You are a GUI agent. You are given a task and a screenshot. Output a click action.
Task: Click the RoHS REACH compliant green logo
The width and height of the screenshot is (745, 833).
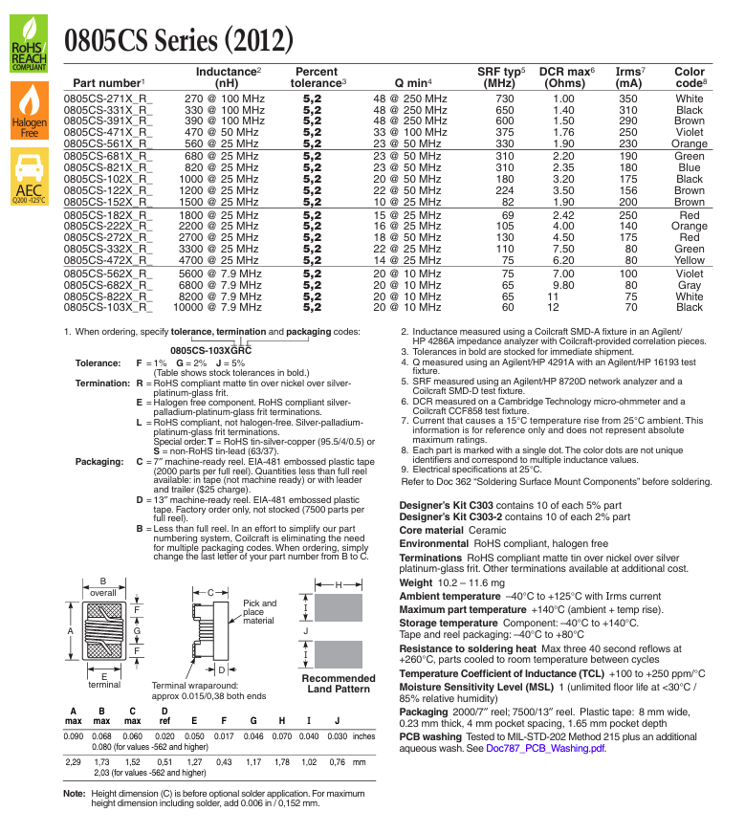[29, 44]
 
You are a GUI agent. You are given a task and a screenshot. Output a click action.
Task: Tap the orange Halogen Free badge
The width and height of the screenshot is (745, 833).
[30, 111]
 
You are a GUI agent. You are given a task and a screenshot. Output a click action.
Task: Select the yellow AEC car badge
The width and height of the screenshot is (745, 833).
[30, 176]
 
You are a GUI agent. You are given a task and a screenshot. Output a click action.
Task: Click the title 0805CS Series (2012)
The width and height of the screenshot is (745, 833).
[179, 40]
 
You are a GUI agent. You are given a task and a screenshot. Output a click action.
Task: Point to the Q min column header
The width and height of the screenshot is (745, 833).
[413, 83]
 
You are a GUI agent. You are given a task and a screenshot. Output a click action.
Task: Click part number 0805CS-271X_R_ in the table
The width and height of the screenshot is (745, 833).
[108, 99]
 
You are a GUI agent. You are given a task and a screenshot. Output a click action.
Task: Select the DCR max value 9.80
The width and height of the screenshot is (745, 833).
[563, 285]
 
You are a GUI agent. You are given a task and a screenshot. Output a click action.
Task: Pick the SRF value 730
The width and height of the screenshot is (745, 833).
[504, 99]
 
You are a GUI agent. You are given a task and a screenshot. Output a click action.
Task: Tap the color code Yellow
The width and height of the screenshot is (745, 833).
[690, 260]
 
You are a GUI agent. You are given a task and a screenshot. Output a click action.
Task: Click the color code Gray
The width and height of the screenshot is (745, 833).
[690, 285]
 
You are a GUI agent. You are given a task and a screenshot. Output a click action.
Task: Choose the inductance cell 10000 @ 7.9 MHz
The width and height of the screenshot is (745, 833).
[217, 308]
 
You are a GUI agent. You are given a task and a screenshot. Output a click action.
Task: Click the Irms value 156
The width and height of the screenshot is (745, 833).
[628, 190]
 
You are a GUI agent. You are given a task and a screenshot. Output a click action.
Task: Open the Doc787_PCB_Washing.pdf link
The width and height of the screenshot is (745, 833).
[546, 749]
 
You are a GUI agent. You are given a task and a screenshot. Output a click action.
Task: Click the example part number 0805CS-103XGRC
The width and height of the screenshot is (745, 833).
[211, 351]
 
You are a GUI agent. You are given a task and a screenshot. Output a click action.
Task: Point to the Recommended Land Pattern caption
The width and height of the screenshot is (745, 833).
[339, 684]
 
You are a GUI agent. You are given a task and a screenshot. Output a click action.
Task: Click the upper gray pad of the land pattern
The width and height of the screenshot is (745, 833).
[339, 607]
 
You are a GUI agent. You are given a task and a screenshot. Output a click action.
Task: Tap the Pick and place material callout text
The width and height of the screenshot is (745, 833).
[259, 612]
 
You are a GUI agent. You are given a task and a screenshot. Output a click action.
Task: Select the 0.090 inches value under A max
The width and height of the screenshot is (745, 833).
[74, 736]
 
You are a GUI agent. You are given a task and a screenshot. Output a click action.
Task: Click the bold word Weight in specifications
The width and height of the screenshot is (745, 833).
[416, 582]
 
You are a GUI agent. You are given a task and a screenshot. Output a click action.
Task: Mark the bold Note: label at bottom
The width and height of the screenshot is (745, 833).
[75, 794]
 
